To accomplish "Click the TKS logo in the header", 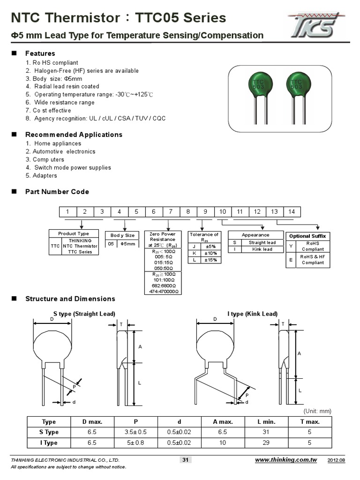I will (315, 25).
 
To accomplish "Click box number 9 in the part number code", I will (205, 212).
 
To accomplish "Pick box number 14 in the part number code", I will (292, 212).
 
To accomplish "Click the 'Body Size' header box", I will (122, 235).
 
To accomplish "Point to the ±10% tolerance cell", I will (210, 253).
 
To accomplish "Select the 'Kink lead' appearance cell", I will (262, 249).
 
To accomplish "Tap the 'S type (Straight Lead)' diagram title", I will (84, 314).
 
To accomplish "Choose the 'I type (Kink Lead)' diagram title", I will (253, 314).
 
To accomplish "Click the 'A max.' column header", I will (223, 422).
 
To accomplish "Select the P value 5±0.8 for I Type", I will (136, 442).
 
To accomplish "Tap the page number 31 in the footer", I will (185, 460).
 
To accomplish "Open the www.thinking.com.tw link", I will (285, 460).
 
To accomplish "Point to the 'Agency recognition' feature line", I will (96, 119).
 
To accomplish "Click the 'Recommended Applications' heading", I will (74, 135).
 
